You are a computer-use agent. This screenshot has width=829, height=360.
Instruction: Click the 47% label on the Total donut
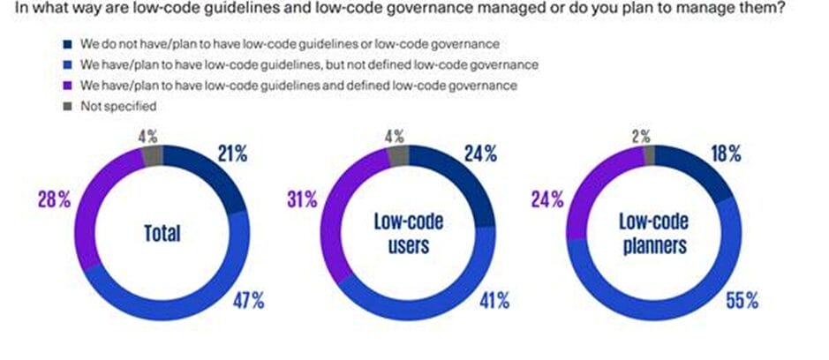click(x=247, y=300)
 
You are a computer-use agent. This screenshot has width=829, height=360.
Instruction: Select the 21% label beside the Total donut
click(x=231, y=154)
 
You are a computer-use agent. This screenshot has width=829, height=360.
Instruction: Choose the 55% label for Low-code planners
click(x=741, y=300)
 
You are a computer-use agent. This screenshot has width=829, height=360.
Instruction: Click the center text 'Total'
click(x=162, y=234)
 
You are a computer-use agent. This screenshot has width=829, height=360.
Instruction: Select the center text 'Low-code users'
click(x=408, y=234)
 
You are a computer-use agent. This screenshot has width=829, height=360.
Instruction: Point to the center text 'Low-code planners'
click(x=654, y=234)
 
